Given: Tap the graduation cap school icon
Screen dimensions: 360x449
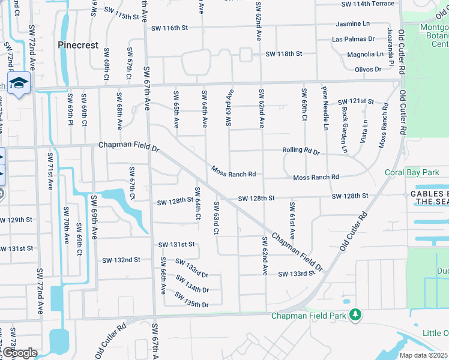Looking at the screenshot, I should pos(19,83).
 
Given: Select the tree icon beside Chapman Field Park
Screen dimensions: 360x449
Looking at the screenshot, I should pos(355,314).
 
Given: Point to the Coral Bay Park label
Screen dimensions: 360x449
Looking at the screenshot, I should pos(412,173).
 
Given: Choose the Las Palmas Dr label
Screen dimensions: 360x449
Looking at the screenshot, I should pos(354,40).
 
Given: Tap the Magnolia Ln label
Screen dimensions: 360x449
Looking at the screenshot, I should pos(364,55).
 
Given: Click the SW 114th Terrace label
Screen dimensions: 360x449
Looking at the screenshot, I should pos(368,4).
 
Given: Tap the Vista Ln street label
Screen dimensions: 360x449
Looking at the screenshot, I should pos(365,131).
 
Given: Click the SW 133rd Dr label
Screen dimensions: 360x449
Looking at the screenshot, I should pos(191,268).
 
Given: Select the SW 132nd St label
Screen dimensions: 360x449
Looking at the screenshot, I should pos(121,260).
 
